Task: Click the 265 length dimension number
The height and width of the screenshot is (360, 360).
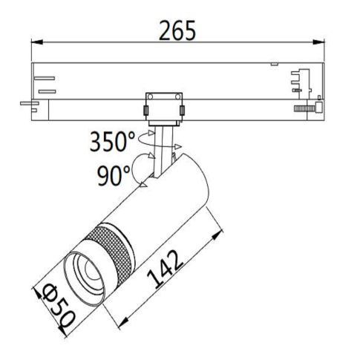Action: [178, 30]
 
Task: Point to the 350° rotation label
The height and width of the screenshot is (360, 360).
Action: [113, 140]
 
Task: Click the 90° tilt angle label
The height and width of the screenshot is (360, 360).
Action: [113, 175]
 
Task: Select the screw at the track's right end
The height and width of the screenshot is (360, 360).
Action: [308, 108]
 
